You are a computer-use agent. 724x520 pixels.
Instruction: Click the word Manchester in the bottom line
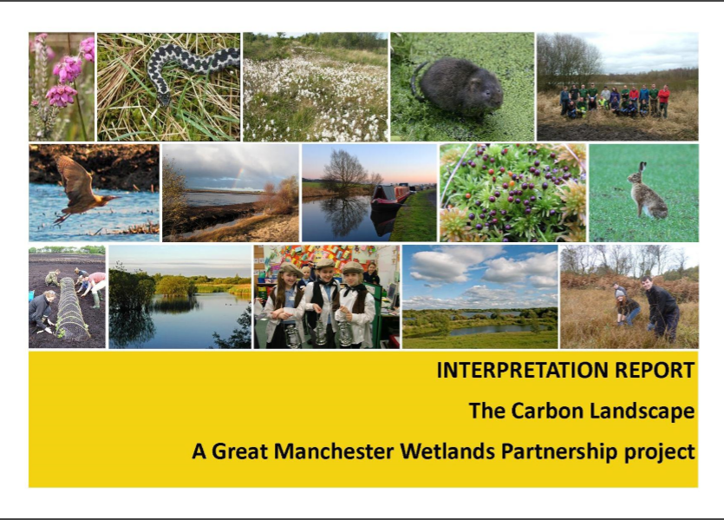(x=333, y=451)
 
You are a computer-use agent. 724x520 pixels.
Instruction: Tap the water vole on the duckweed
(x=460, y=86)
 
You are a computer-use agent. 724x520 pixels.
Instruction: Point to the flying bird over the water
(x=81, y=189)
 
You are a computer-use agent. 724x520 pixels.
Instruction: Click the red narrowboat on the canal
(x=390, y=195)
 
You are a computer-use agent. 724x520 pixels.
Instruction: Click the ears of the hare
(x=641, y=168)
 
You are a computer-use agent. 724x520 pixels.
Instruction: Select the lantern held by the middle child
(x=321, y=333)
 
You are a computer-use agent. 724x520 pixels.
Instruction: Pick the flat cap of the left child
(x=290, y=268)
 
